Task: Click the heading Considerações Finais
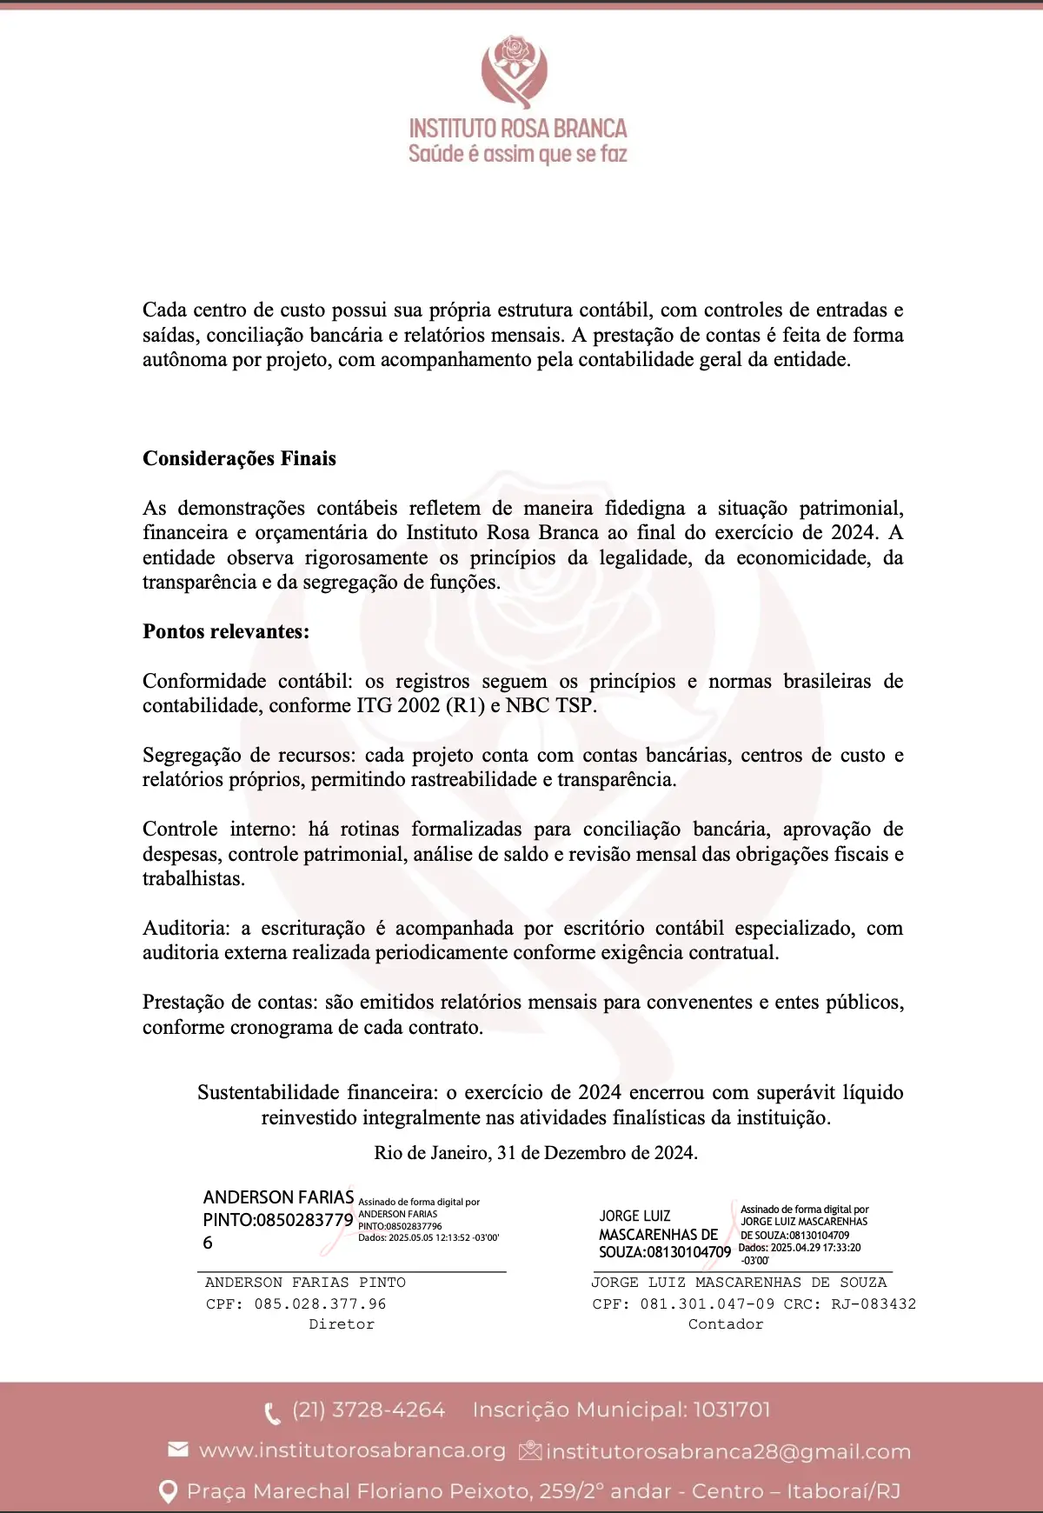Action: (x=239, y=458)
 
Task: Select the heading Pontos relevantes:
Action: (x=226, y=631)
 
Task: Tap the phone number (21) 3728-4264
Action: (x=369, y=1410)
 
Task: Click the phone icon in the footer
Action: (x=272, y=1412)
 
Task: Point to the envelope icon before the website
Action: (x=177, y=1449)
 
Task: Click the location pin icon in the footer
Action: (x=169, y=1492)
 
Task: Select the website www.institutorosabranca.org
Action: (x=352, y=1450)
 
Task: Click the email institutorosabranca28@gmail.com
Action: (x=728, y=1451)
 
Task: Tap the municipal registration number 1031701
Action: (x=731, y=1410)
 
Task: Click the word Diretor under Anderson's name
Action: (x=342, y=1324)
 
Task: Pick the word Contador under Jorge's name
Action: (x=726, y=1324)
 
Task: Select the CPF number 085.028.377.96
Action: (x=320, y=1304)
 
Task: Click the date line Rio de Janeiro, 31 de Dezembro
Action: (x=535, y=1153)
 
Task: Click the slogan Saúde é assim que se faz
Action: (x=518, y=154)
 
